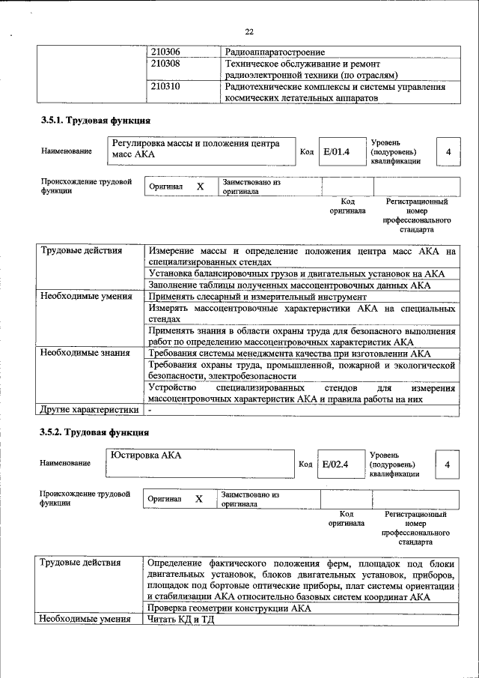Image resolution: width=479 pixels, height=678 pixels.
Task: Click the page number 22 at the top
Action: [x=249, y=31]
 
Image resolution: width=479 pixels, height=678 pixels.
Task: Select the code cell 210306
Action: [x=165, y=52]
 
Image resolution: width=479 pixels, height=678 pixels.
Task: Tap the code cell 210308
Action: [x=165, y=64]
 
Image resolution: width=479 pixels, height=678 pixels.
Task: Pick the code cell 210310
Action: [x=165, y=87]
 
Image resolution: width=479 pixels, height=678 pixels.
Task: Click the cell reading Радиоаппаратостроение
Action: [x=275, y=52]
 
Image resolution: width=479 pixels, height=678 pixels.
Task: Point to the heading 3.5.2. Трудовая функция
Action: [x=94, y=432]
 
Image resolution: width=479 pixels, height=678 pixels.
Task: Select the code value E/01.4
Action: [x=337, y=152]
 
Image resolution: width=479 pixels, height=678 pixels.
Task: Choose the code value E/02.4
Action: [x=336, y=464]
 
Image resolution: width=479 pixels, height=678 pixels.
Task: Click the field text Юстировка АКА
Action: [x=146, y=455]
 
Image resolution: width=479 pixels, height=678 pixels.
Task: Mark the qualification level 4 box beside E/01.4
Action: [x=448, y=152]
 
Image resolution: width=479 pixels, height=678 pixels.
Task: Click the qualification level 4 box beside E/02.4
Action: [x=448, y=464]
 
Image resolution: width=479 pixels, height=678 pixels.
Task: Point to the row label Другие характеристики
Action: [x=89, y=410]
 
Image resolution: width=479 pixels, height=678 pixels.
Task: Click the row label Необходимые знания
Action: [x=85, y=353]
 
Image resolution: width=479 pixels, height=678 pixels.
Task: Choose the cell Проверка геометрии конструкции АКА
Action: [x=229, y=608]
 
